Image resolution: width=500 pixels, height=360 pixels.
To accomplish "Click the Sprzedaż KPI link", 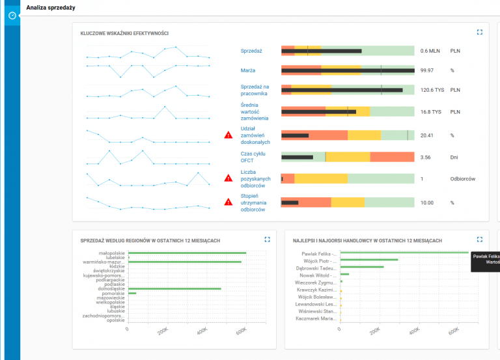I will tap(251, 50).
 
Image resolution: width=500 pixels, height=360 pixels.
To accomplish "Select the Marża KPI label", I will tap(248, 70).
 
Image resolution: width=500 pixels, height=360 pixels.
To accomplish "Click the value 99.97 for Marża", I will tap(427, 70).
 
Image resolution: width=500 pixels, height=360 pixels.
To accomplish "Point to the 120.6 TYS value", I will tap(431, 90).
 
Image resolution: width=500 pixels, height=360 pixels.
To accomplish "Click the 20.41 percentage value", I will tap(427, 135).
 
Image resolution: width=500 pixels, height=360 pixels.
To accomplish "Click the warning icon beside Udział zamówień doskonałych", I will tap(229, 135).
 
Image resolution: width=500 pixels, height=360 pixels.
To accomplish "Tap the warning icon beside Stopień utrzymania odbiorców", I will tap(229, 202).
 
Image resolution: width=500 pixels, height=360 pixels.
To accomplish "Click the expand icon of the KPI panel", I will tap(480, 31).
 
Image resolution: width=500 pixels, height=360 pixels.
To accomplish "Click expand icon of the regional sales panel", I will tap(267, 240).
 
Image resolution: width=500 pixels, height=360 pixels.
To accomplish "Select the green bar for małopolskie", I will tap(187, 253).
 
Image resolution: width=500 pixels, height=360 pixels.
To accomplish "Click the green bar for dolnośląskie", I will tap(174, 288).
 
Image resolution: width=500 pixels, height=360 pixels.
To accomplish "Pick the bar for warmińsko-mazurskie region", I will tap(185, 262).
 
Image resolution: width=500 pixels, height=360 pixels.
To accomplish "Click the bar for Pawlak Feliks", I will tap(404, 253).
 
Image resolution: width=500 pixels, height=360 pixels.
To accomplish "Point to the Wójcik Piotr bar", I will tap(369, 260).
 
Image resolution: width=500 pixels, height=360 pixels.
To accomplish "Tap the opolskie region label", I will tap(115, 320).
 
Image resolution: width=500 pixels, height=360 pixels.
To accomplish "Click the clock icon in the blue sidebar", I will tap(12, 15).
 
